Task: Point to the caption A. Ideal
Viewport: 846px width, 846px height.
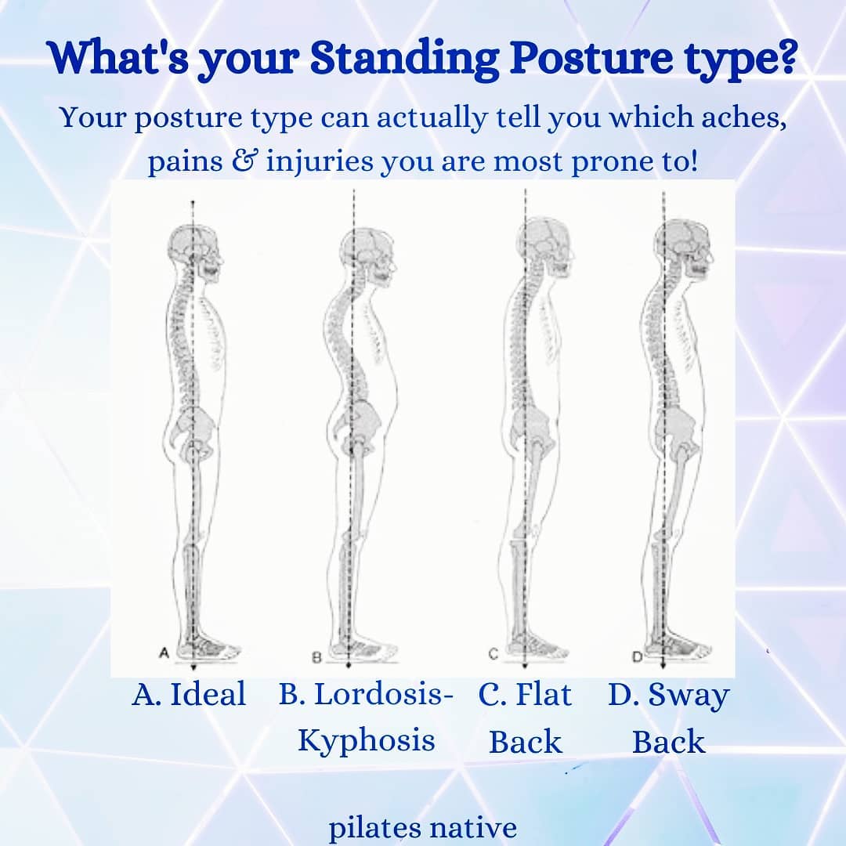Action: (x=189, y=694)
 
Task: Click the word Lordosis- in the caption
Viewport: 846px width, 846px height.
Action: (x=366, y=694)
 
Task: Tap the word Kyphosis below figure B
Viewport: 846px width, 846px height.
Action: (x=366, y=740)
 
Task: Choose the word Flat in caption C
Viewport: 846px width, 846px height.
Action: (x=544, y=694)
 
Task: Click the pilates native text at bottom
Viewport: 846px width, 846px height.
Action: (x=422, y=828)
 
